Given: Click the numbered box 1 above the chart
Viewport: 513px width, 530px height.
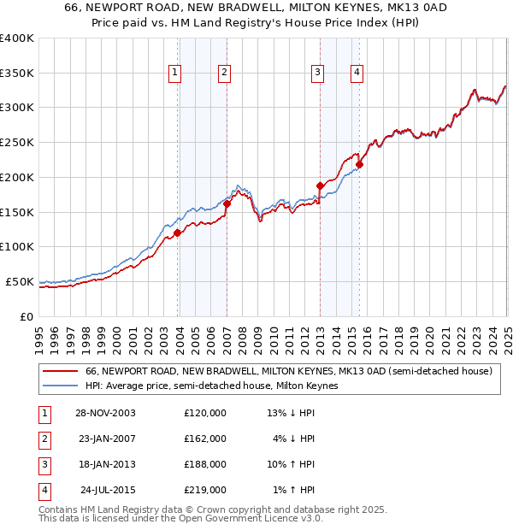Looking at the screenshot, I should [174, 74].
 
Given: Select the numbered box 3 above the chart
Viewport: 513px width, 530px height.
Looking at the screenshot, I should [317, 74].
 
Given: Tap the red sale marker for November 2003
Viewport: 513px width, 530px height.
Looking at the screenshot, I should [178, 233].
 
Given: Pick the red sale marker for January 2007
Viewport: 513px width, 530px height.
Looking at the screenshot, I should [227, 203].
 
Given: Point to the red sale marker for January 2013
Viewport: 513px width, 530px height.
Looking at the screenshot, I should [320, 185].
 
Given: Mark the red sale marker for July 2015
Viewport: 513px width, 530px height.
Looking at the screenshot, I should [359, 164].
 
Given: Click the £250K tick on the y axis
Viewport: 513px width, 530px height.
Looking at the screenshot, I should [17, 143].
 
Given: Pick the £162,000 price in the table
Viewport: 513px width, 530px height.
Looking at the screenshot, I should [205, 439].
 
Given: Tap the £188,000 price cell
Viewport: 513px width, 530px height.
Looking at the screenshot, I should [205, 464].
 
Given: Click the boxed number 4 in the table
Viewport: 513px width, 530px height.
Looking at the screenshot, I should [44, 490].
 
